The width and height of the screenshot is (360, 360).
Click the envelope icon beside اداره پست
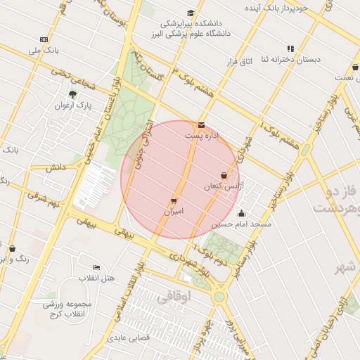[202, 125]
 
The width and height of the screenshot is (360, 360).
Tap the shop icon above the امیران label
[174, 201]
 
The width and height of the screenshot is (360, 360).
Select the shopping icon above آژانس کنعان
[224, 176]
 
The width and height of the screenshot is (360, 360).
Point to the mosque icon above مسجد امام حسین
[242, 214]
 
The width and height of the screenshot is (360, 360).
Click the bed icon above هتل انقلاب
[96, 268]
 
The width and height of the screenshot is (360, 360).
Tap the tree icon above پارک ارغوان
[72, 94]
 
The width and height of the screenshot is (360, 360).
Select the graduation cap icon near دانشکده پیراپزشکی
[191, 13]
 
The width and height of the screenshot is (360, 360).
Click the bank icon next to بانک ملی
[44, 39]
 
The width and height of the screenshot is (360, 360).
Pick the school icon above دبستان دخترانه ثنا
[290, 49]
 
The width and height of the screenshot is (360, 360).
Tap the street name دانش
[56, 168]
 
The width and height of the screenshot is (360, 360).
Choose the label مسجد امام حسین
[242, 224]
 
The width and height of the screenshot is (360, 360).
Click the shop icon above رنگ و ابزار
[12, 248]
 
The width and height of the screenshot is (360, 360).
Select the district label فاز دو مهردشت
[336, 200]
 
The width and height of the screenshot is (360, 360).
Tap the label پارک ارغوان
[74, 105]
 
